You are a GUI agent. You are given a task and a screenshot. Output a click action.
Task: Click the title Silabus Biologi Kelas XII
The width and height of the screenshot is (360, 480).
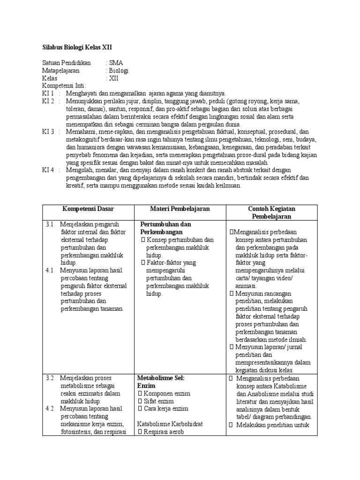tap(77, 48)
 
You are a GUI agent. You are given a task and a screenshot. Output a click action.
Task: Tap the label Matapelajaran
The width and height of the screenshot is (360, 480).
tap(61, 70)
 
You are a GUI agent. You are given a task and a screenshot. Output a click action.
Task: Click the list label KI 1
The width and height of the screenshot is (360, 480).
tap(48, 93)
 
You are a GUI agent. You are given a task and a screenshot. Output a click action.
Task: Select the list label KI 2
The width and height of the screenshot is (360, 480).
tap(48, 101)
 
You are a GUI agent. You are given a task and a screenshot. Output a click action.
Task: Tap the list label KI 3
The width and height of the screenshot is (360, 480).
tap(48, 132)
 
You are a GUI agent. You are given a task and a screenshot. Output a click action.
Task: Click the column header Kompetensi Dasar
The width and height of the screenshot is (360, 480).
tap(89, 209)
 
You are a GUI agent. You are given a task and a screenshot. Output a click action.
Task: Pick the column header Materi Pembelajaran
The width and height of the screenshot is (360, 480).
tap(180, 209)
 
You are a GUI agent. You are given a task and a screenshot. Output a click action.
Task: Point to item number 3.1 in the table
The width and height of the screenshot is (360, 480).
tap(51, 225)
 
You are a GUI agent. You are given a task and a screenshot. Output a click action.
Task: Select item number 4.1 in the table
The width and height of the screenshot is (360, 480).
tap(51, 270)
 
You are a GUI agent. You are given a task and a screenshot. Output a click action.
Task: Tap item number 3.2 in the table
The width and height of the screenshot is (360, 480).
tap(51, 378)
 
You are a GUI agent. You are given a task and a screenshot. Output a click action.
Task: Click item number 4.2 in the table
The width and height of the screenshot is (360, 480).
tap(51, 408)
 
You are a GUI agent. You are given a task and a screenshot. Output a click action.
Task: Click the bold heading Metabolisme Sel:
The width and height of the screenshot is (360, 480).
tap(161, 378)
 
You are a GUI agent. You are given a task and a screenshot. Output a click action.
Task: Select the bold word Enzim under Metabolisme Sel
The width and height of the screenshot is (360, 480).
tap(146, 385)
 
